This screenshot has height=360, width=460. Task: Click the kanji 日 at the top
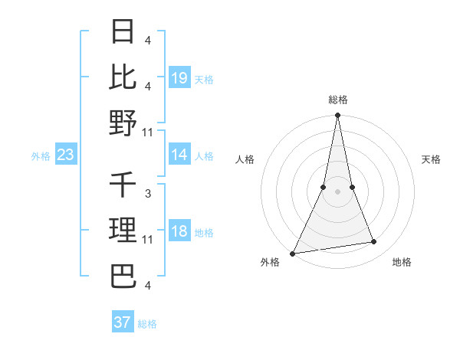coord(123,32)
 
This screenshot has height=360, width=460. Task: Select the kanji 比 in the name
coord(123,77)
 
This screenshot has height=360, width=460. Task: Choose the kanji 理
coord(123,230)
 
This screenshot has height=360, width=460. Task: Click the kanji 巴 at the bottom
coord(123,275)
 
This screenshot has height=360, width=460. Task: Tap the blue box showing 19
coord(179,78)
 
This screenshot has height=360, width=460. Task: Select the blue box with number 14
coord(179,155)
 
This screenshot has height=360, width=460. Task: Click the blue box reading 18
coord(179,232)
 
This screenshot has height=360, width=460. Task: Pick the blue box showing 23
coord(66,155)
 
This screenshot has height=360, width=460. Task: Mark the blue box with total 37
coord(123,322)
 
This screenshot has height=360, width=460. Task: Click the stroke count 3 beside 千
coord(147,195)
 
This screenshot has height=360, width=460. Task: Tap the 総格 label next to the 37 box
coord(147,324)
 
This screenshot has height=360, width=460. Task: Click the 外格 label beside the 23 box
coord(41,156)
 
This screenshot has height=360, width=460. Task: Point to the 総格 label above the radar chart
coord(338,100)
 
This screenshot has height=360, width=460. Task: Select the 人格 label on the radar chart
coord(245,159)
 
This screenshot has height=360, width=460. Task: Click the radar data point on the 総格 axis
coord(337,116)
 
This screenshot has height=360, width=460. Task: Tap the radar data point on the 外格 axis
coord(293,253)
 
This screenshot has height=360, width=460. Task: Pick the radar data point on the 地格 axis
coord(374,242)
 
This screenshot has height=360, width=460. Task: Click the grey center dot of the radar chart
coord(337,191)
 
